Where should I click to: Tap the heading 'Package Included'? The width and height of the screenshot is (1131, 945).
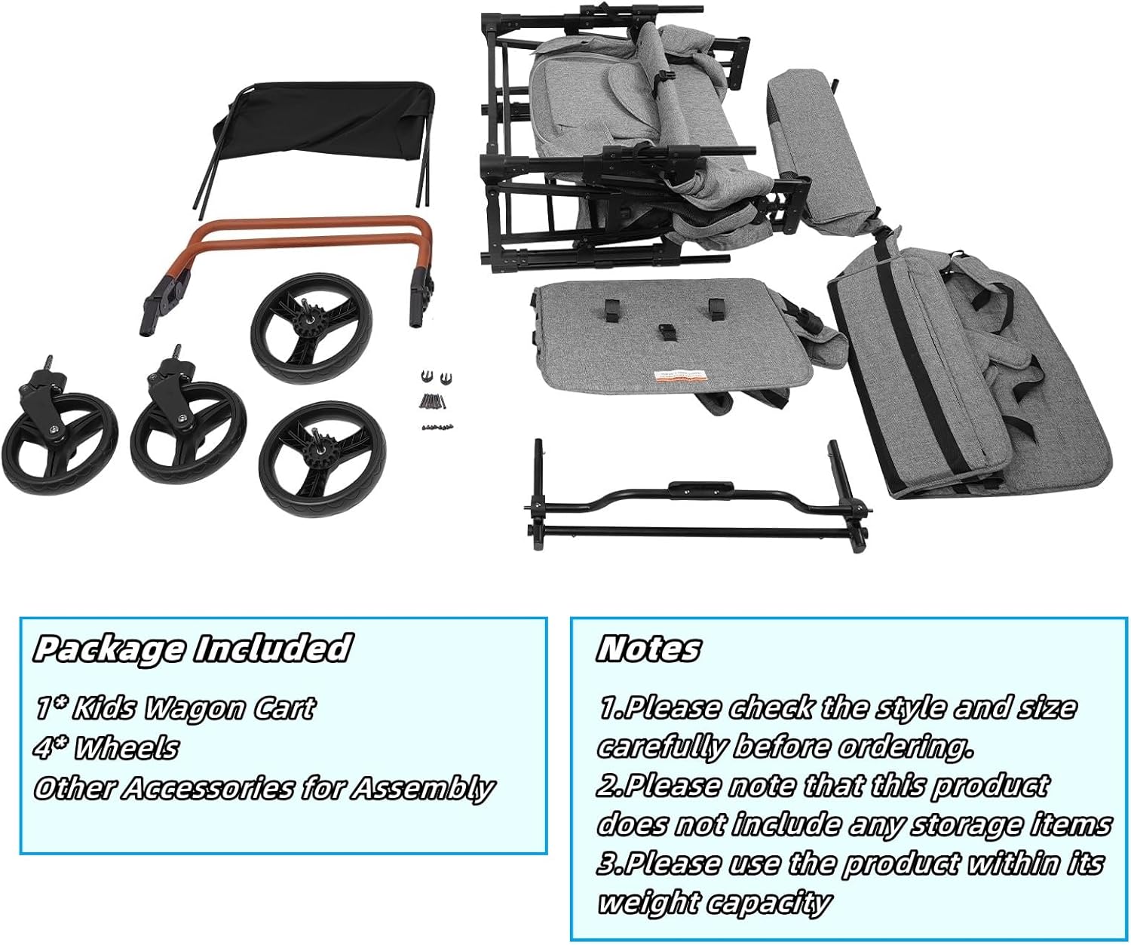click(x=192, y=649)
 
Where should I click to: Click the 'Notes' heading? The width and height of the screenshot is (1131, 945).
click(x=648, y=649)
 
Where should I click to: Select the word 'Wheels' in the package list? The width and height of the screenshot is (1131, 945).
click(x=127, y=748)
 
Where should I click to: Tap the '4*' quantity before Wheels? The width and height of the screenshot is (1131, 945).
click(x=51, y=748)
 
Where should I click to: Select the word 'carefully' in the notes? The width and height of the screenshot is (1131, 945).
click(x=661, y=747)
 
